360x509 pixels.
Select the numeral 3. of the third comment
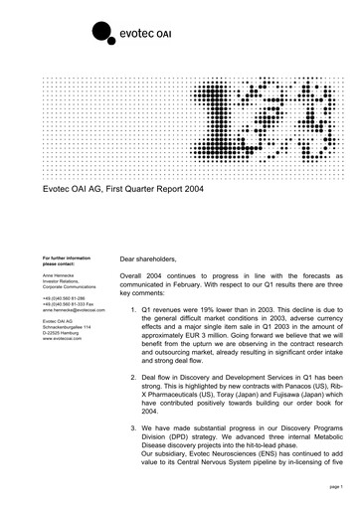[146, 438]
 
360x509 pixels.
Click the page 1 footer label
[333, 489]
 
